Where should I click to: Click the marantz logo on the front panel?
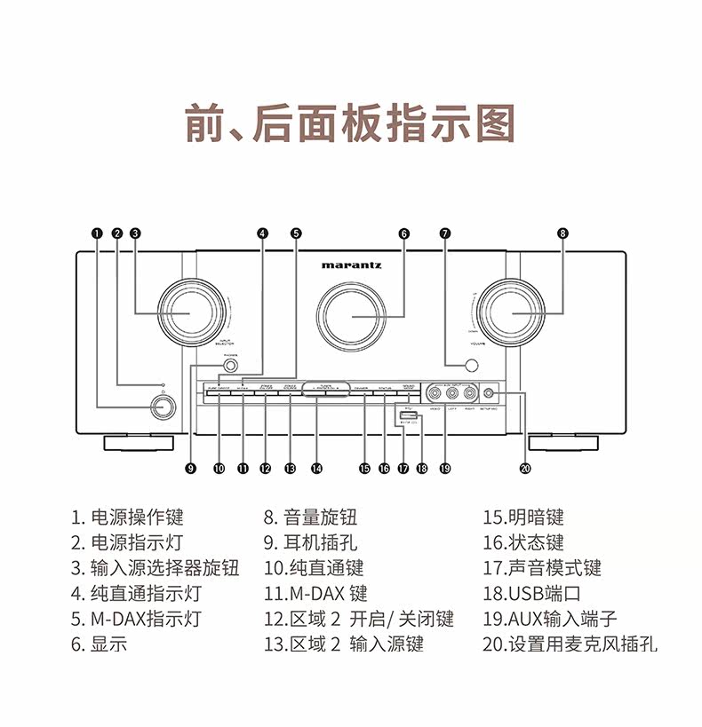click(352, 264)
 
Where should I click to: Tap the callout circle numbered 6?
click(404, 233)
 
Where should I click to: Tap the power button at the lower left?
click(161, 407)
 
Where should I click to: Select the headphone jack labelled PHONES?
click(230, 365)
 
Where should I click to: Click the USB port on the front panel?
click(408, 415)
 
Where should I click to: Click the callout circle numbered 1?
click(97, 233)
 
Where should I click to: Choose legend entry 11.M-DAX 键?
click(315, 594)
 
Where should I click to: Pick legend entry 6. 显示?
click(100, 644)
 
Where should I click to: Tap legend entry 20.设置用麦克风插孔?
click(570, 644)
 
